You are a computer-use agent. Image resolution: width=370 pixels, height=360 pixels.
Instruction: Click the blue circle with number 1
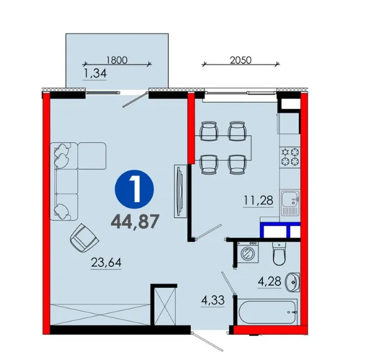pyautogui.click(x=135, y=189)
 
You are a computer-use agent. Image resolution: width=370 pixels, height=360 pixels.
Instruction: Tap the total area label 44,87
pyautogui.click(x=135, y=222)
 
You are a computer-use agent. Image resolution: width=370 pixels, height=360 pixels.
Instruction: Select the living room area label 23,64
pyautogui.click(x=106, y=262)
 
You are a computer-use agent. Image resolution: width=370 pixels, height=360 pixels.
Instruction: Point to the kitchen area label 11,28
pyautogui.click(x=258, y=201)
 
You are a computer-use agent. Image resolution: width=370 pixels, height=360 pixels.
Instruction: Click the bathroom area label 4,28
pyautogui.click(x=270, y=281)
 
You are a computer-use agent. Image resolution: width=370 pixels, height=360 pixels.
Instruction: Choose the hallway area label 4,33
pyautogui.click(x=213, y=301)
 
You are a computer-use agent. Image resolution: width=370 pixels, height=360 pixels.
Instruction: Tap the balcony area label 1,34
pyautogui.click(x=95, y=73)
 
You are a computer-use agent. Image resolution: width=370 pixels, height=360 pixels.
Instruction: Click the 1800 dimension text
pyautogui.click(x=117, y=60)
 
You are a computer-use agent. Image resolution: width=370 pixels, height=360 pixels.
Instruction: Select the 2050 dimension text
pyautogui.click(x=240, y=60)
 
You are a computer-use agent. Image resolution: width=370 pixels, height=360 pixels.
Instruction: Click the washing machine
pyautogui.click(x=248, y=252)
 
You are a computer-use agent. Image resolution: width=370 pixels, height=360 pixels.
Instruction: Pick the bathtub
pyautogui.click(x=267, y=312)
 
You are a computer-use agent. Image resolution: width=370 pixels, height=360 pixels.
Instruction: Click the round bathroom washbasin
pyautogui.click(x=293, y=282)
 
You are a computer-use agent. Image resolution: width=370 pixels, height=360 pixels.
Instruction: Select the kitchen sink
pyautogui.click(x=290, y=203)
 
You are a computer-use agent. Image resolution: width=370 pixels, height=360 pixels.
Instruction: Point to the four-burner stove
pyautogui.click(x=290, y=156)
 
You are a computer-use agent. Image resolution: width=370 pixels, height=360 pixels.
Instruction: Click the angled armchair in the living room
pyautogui.click(x=84, y=238)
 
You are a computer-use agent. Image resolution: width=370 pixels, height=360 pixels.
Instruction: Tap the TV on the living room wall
pyautogui.click(x=181, y=191)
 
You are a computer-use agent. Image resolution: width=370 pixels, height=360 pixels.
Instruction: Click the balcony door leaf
pyautogui.click(x=134, y=101)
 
